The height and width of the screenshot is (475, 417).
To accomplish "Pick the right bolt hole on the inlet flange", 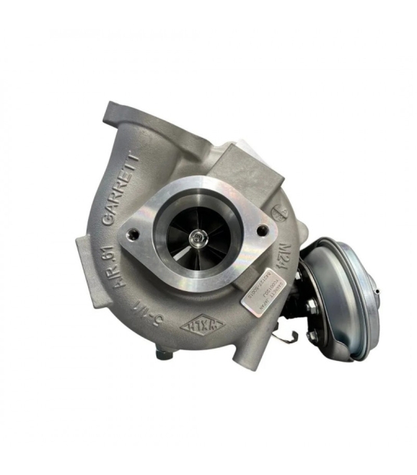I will click(262, 230).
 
